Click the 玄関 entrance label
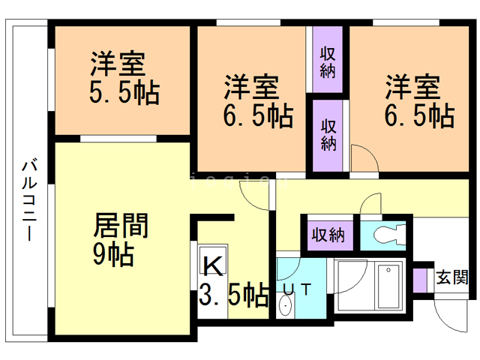tap(452, 275)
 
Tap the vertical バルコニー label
tap(28, 199)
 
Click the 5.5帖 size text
tap(124, 93)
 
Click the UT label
tap(298, 289)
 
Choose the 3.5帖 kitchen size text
tap(233, 295)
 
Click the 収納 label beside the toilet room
tap(328, 234)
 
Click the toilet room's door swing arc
tap(370, 204)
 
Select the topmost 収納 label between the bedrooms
tap(328, 63)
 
